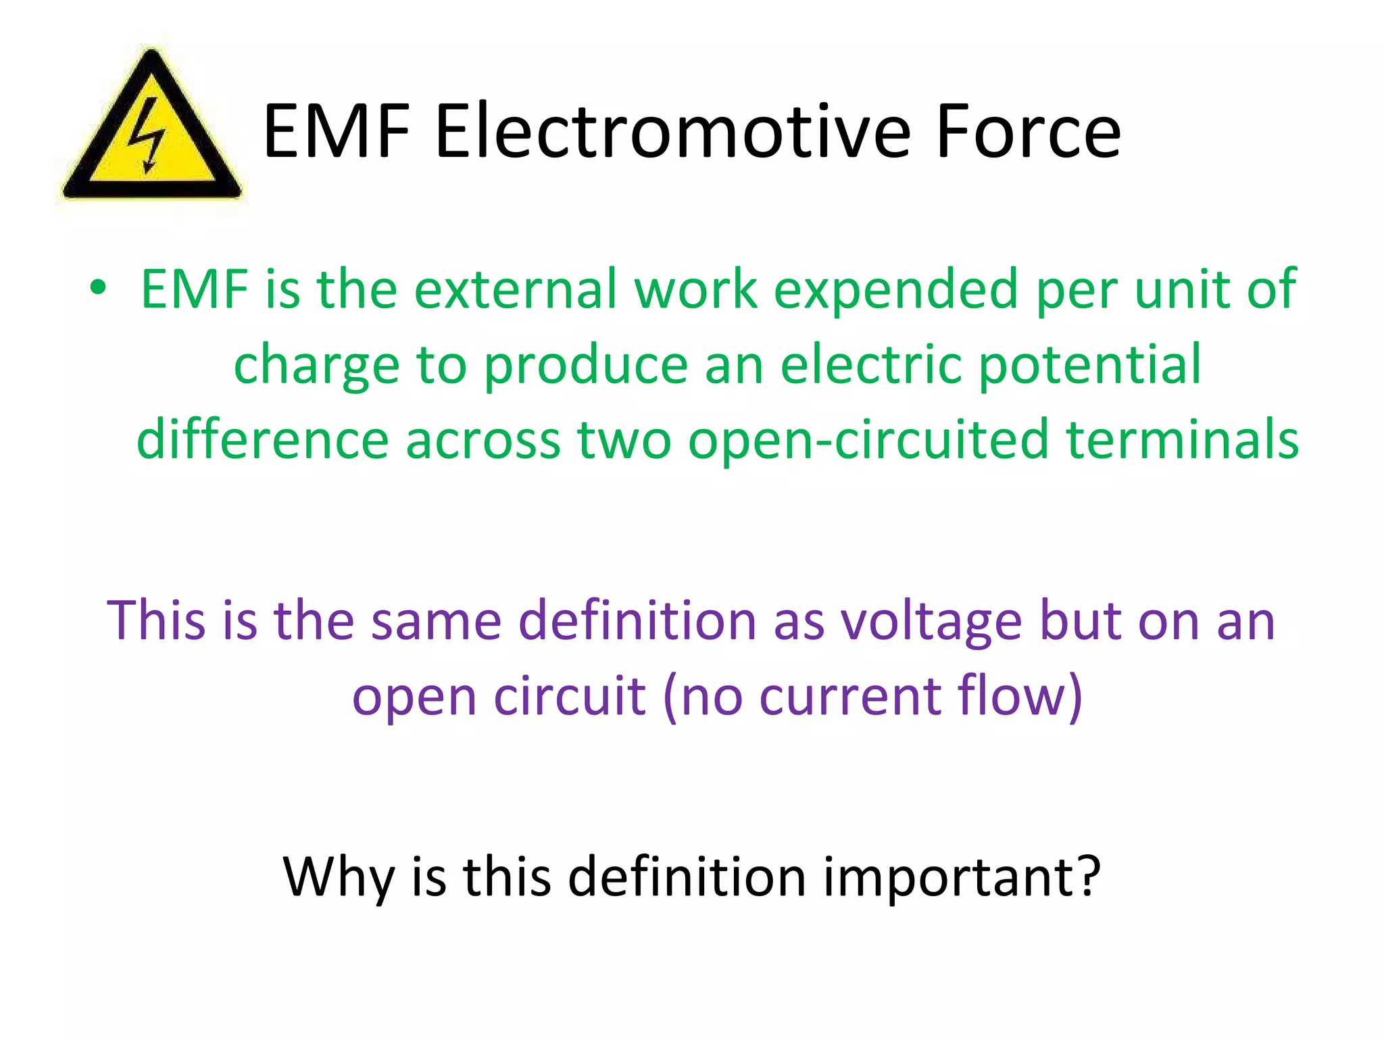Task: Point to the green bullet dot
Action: (x=98, y=288)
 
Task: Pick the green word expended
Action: (x=895, y=289)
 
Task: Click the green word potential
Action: (x=1090, y=365)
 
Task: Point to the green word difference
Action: (x=262, y=440)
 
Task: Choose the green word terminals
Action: (x=1182, y=440)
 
